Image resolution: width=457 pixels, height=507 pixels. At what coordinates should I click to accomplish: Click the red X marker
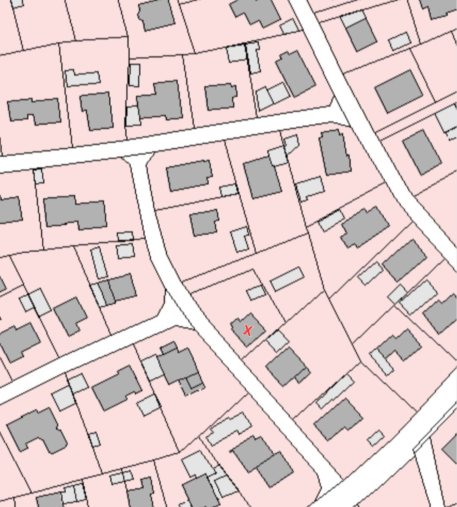coord(248,331)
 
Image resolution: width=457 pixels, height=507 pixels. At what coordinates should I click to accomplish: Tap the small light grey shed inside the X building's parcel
coord(256,292)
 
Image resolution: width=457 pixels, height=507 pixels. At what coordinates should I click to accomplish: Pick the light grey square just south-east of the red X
coord(278,341)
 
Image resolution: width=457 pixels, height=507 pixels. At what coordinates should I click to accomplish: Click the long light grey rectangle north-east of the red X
coord(287,278)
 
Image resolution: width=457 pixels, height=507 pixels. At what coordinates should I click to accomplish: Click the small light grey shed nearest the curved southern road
coord(375,438)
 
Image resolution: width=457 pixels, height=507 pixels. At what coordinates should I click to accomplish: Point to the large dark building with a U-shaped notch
coord(36,430)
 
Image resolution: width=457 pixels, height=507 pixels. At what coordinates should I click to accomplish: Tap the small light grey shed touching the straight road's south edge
coord(39,176)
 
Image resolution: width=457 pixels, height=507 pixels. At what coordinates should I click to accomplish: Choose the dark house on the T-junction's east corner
coord(189,175)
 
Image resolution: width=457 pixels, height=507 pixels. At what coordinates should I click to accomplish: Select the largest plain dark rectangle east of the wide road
coord(399,91)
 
